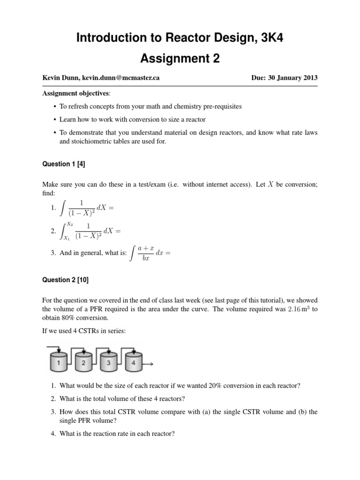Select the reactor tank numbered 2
83,362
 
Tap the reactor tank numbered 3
108,362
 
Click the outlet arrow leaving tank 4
150,364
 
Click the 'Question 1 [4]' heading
63,165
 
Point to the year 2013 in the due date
309,78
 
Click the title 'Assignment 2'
180,59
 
